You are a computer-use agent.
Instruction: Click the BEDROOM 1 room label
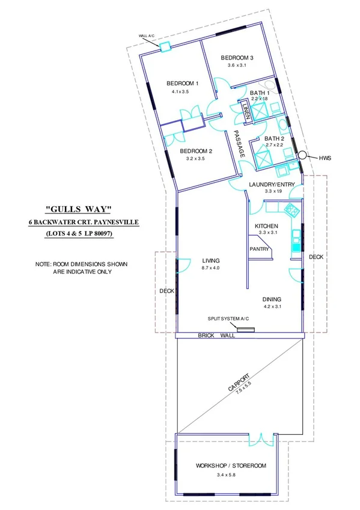(182, 83)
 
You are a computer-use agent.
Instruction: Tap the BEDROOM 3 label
(237, 58)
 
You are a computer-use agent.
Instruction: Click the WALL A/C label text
(147, 37)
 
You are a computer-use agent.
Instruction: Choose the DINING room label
(272, 299)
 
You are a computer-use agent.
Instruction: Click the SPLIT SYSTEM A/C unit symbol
(244, 329)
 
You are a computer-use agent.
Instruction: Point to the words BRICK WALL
(216, 336)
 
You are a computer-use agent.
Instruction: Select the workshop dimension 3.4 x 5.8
(231, 475)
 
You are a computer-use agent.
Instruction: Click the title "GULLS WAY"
(79, 209)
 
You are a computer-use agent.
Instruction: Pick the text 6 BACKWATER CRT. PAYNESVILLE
(84, 222)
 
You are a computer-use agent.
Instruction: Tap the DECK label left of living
(166, 291)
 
